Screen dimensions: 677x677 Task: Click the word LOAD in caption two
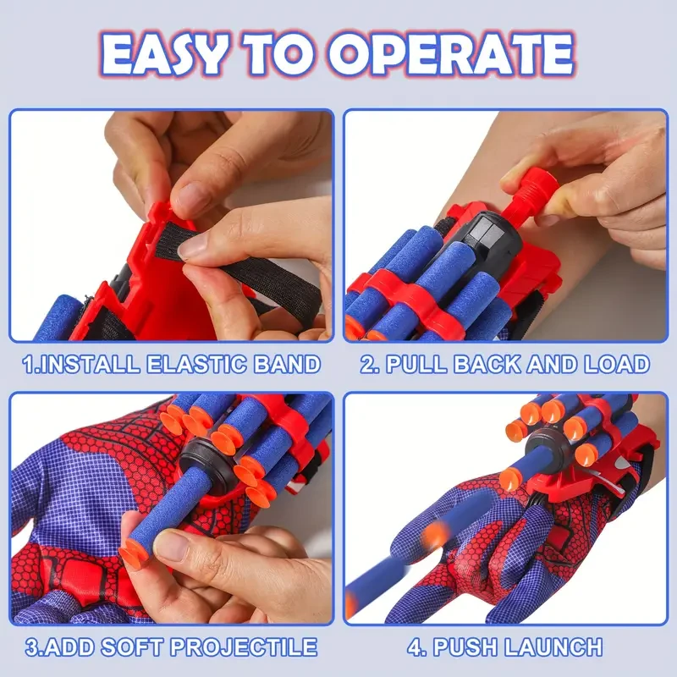pos(616,365)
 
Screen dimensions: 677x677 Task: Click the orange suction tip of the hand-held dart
pos(134,553)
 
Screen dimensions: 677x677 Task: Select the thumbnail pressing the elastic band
pos(193,245)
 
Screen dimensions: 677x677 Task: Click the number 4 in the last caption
pos(415,648)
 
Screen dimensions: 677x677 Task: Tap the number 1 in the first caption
pos(29,365)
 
